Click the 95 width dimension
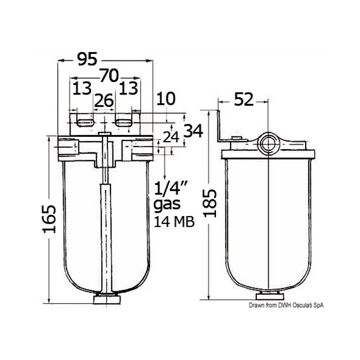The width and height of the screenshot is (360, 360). pos(87,59)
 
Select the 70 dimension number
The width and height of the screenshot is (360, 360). pos(109,76)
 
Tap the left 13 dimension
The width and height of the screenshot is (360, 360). pos(82,89)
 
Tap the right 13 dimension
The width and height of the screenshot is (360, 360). pos(128,89)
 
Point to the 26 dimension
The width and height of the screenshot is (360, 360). pos(104,100)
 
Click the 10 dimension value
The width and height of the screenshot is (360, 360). pos(166,99)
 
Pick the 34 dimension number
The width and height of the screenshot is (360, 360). pos(193,131)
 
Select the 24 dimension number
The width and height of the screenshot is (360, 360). pos(171,137)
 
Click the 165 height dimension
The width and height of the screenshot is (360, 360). pos(49,219)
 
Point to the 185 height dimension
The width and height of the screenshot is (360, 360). pos(210,203)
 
